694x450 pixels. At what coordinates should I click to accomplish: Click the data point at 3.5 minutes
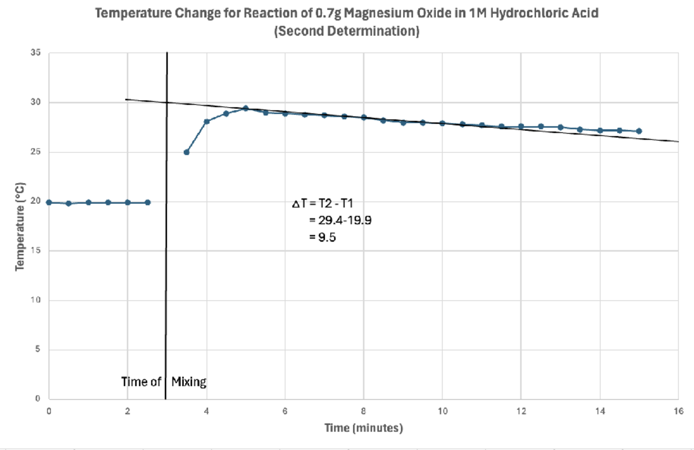[x=186, y=152]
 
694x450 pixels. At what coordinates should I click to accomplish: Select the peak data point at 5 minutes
[x=245, y=108]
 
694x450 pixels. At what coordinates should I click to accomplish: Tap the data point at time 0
[x=49, y=202]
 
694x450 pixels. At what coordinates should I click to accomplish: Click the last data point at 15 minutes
[x=638, y=131]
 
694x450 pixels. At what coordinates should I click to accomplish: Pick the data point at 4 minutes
[x=206, y=121]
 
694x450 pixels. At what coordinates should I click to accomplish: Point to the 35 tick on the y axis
[x=36, y=53]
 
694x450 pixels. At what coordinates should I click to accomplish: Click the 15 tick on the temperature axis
[x=36, y=251]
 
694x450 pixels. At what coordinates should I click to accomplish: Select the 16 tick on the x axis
[x=677, y=410]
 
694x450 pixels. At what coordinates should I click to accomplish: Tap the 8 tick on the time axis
[x=363, y=410]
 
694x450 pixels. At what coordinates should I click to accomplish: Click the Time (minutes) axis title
[x=363, y=429]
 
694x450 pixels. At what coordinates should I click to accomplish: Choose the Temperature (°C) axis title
[x=20, y=226]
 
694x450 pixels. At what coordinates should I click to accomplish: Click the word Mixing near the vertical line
[x=189, y=382]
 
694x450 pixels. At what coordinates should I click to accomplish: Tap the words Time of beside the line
[x=141, y=382]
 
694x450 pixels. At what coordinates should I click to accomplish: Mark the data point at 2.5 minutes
[x=147, y=202]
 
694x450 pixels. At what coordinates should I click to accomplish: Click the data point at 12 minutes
[x=520, y=126]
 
